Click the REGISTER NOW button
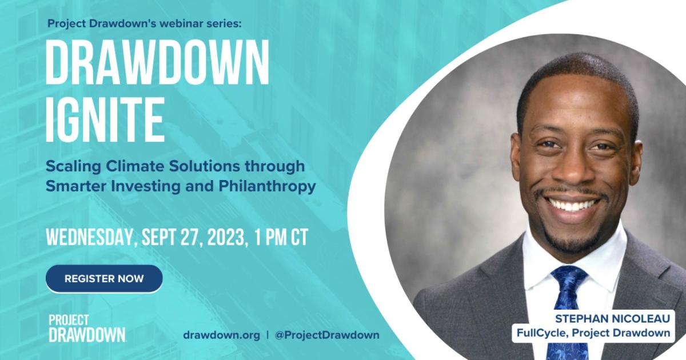tap(104, 278)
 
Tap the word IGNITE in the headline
tap(105, 119)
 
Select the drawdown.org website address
tap(221, 335)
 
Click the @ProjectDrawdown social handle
tap(327, 335)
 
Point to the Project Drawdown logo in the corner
tap(87, 328)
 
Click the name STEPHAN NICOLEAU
tap(612, 319)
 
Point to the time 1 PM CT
tap(281, 237)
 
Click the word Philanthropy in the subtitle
tap(267, 186)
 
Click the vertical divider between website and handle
tap(268, 335)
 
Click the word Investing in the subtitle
tap(146, 186)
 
